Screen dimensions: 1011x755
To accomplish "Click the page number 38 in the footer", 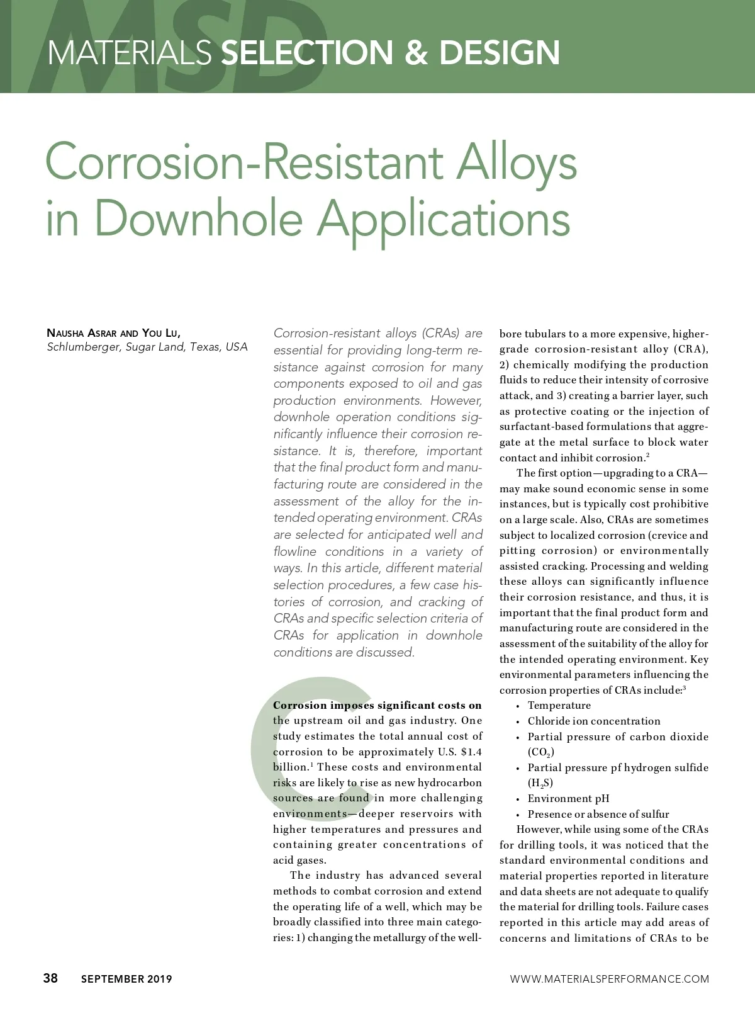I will tap(50, 978).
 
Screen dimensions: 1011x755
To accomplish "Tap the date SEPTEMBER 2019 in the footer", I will tap(126, 979).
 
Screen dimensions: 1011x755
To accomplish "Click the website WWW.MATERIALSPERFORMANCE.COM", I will tap(609, 979).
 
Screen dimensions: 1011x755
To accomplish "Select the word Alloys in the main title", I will tap(517, 162).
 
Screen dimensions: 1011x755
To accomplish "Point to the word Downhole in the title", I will tap(198, 218).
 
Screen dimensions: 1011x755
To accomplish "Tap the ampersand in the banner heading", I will tap(415, 52).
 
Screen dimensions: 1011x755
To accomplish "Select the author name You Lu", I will tap(161, 332).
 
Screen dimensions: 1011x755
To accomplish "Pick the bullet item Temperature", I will tap(559, 705).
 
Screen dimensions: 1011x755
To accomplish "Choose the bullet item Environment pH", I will tap(568, 798).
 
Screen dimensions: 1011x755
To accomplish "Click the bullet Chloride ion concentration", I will tap(594, 721).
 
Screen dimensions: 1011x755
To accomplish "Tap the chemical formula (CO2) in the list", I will tap(540, 752).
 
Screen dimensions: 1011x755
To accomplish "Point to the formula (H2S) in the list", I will tap(540, 782).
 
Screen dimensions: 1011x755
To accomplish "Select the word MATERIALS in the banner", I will tap(130, 52).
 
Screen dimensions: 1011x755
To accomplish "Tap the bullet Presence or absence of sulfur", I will tap(598, 814).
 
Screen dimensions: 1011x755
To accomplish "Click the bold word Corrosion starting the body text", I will tap(299, 705).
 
